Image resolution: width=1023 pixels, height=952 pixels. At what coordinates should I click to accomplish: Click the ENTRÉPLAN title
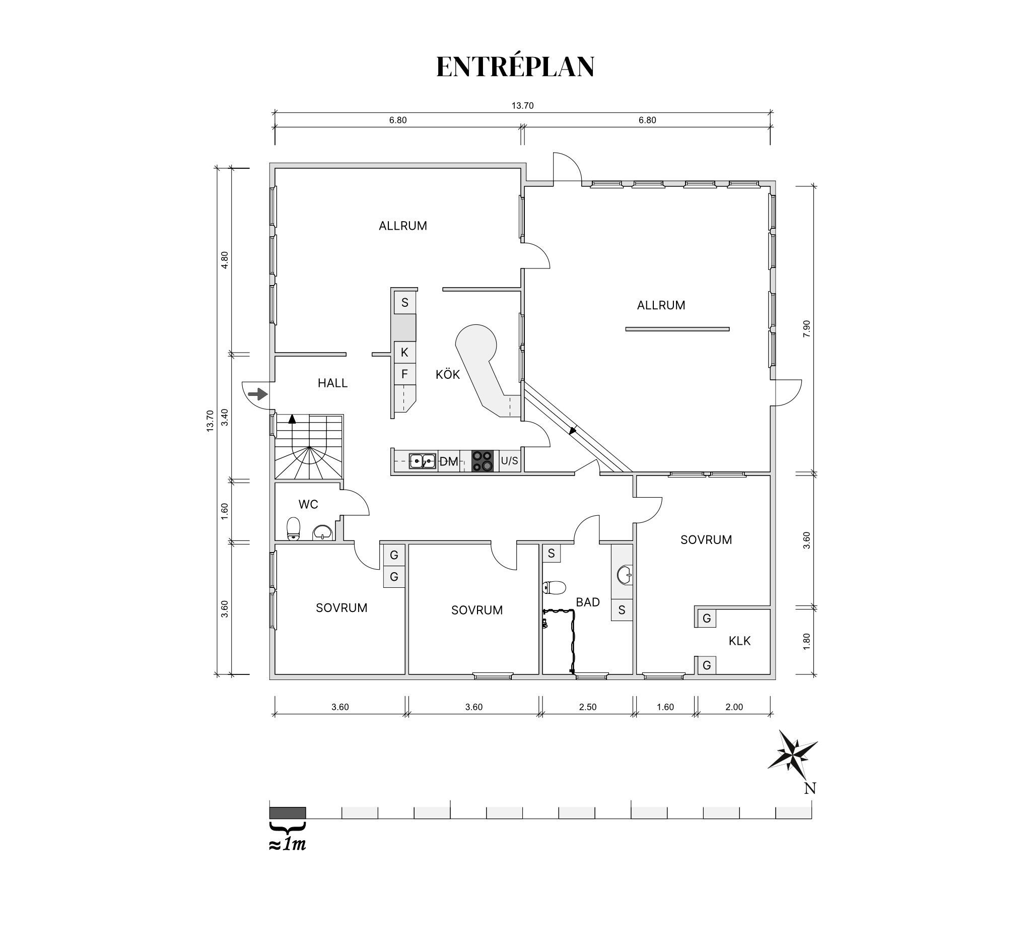click(x=515, y=67)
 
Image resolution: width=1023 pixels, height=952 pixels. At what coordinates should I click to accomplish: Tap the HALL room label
click(x=332, y=383)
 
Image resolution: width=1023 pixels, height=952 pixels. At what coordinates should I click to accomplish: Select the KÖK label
click(x=448, y=374)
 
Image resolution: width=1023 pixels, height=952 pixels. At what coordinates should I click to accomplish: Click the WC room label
click(x=308, y=504)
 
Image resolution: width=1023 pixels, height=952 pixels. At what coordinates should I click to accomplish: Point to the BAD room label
click(x=588, y=602)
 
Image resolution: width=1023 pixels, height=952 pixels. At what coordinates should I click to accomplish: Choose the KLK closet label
click(x=739, y=641)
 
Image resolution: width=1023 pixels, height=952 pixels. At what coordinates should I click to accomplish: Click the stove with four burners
click(x=483, y=460)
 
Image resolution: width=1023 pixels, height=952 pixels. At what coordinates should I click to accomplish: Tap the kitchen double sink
click(x=423, y=461)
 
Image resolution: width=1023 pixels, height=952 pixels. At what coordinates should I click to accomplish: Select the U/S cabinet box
click(x=509, y=460)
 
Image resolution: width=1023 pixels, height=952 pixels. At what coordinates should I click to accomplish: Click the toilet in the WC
click(x=293, y=528)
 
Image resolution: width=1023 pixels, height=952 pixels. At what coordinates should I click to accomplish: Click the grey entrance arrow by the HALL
click(x=258, y=395)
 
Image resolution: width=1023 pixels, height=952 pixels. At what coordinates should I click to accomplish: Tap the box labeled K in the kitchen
click(x=404, y=352)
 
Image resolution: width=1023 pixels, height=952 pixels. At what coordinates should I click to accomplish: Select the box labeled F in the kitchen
click(x=404, y=374)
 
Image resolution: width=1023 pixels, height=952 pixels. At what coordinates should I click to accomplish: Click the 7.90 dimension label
click(x=806, y=329)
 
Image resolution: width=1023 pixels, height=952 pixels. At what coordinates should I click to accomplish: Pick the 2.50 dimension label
click(x=588, y=707)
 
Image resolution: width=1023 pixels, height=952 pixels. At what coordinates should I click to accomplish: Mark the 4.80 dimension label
click(x=224, y=260)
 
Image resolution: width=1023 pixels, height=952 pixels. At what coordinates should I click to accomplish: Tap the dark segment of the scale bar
click(x=288, y=812)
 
